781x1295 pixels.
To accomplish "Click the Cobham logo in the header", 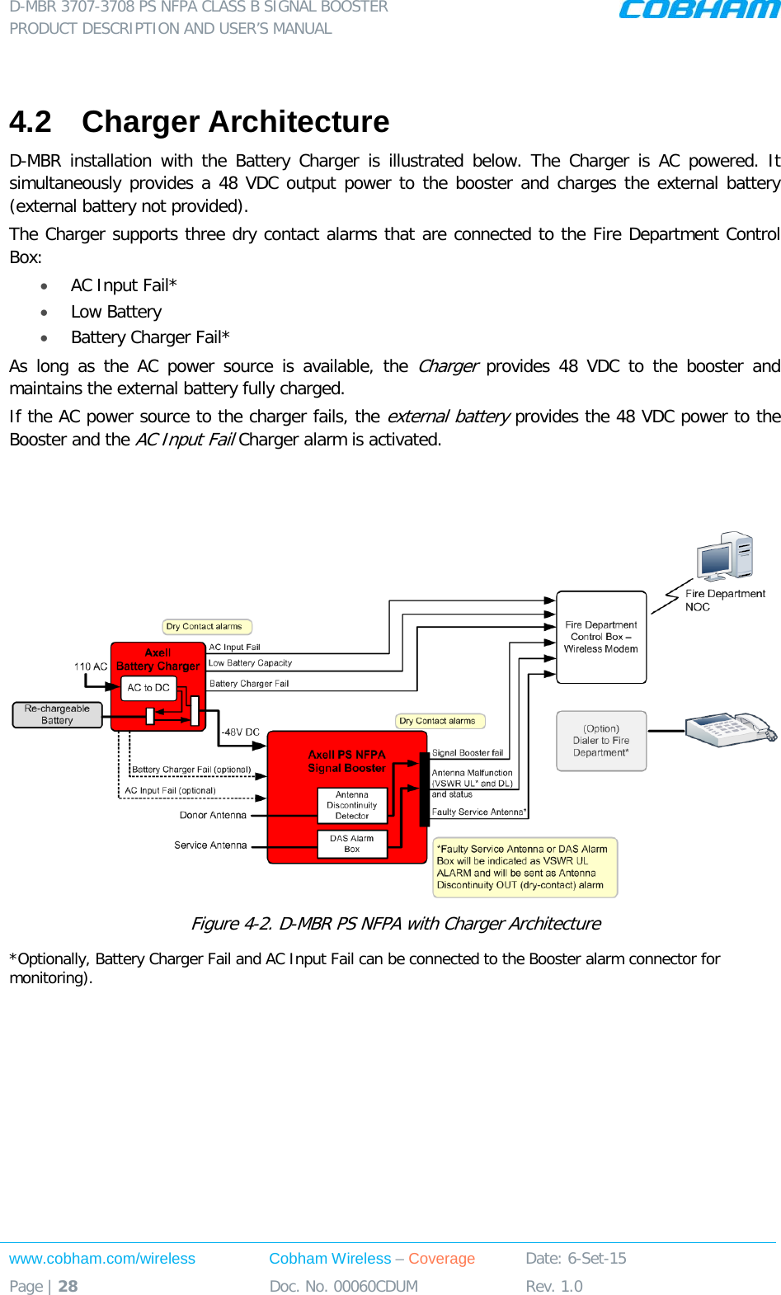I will [x=699, y=10].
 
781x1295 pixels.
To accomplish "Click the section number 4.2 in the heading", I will [x=31, y=122].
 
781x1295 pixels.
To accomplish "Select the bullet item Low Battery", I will [x=116, y=312].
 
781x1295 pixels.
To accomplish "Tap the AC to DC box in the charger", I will [x=148, y=688].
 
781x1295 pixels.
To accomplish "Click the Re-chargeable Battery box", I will [x=57, y=714].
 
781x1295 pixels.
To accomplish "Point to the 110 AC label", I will [x=91, y=666].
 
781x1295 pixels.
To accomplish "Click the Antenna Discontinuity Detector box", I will [x=352, y=806].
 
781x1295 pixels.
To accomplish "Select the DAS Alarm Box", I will [x=352, y=844].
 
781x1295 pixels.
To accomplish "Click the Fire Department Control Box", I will [x=601, y=637].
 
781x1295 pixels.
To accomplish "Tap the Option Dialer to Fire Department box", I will [x=601, y=741].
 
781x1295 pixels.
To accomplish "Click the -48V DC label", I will [x=240, y=732].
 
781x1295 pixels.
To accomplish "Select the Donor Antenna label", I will [x=213, y=816].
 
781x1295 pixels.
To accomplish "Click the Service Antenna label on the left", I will [x=210, y=845].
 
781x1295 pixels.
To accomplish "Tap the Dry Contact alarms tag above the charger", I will [x=207, y=627].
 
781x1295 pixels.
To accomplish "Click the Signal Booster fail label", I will [x=468, y=753].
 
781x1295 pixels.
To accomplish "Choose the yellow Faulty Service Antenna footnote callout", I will [x=525, y=867].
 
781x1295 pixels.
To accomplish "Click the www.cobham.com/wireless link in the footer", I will [x=102, y=1259].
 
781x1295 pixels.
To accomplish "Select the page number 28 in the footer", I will [x=68, y=1287].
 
